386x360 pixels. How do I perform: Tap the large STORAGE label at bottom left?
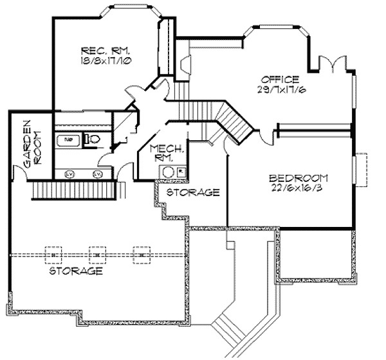coord(77,271)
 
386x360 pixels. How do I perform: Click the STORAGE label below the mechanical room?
coord(194,192)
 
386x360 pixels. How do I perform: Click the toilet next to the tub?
coord(92,138)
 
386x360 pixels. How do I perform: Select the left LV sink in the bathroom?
coord(69,174)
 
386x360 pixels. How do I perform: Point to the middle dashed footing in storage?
coord(96,255)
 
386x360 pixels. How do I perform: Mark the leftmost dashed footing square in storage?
coord(53,255)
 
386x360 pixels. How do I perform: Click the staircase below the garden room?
coord(74,190)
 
